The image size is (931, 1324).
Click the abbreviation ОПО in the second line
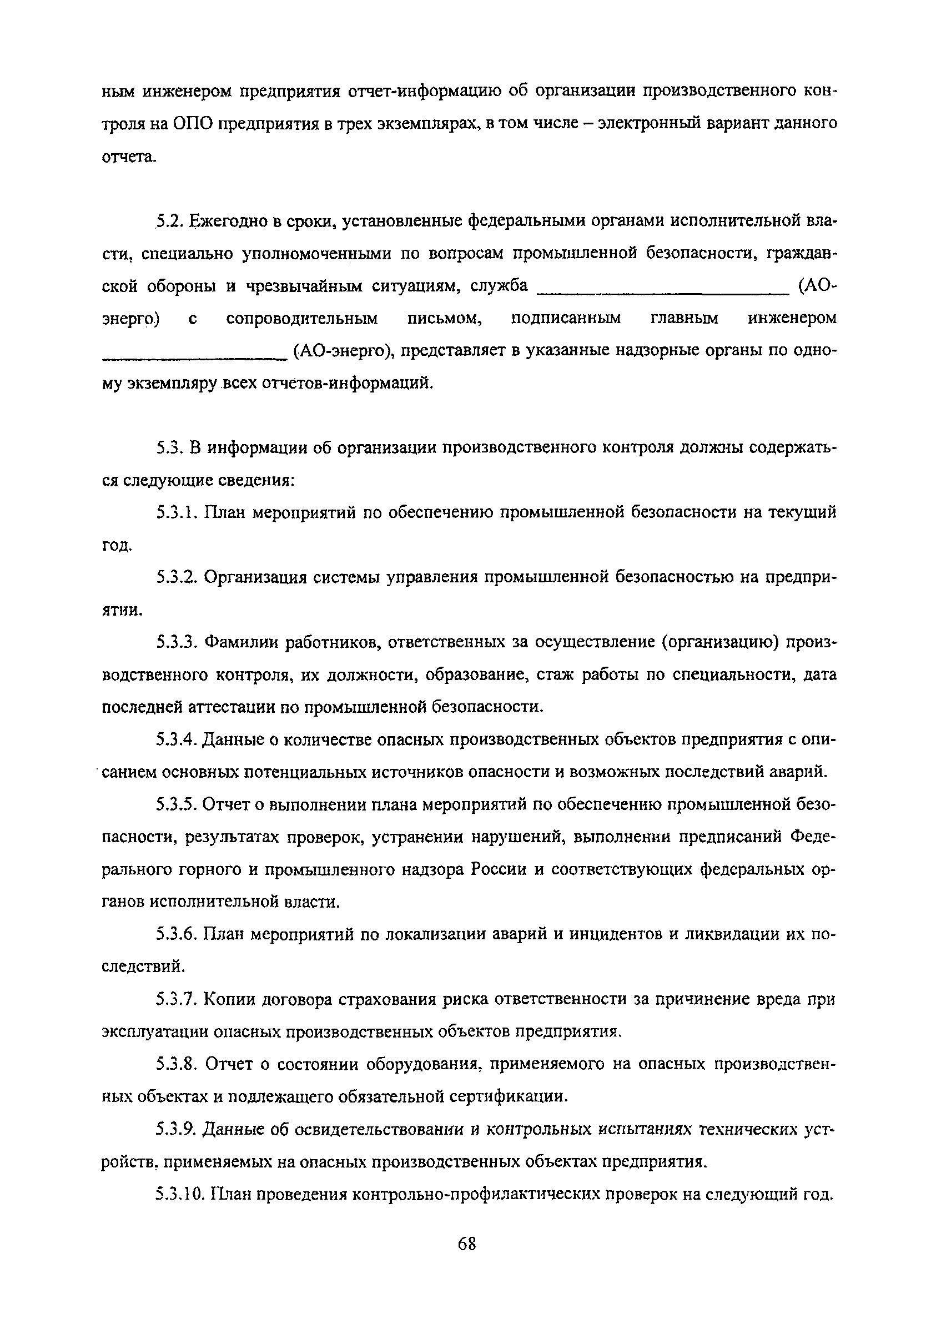pyautogui.click(x=193, y=124)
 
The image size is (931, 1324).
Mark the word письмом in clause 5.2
pyautogui.click(x=444, y=318)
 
